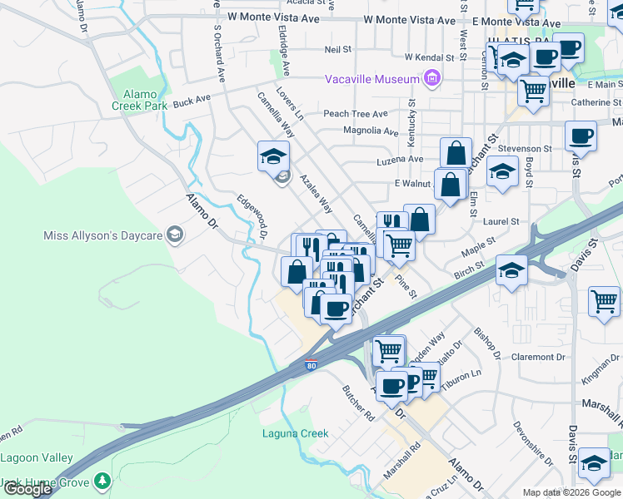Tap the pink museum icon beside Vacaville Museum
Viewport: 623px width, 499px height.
431,79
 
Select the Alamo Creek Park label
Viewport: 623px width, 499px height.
139,100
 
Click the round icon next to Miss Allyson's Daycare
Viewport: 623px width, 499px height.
174,236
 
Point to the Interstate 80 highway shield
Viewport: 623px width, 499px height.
310,364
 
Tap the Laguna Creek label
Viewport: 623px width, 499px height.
295,433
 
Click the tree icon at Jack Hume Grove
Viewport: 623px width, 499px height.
102,481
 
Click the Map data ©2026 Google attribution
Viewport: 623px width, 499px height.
571,492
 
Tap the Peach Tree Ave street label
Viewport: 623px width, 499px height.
356,114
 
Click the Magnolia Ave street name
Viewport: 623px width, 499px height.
371,131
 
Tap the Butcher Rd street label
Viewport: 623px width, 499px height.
358,403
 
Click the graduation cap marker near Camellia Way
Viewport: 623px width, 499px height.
272,156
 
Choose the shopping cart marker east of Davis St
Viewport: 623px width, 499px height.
604,301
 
